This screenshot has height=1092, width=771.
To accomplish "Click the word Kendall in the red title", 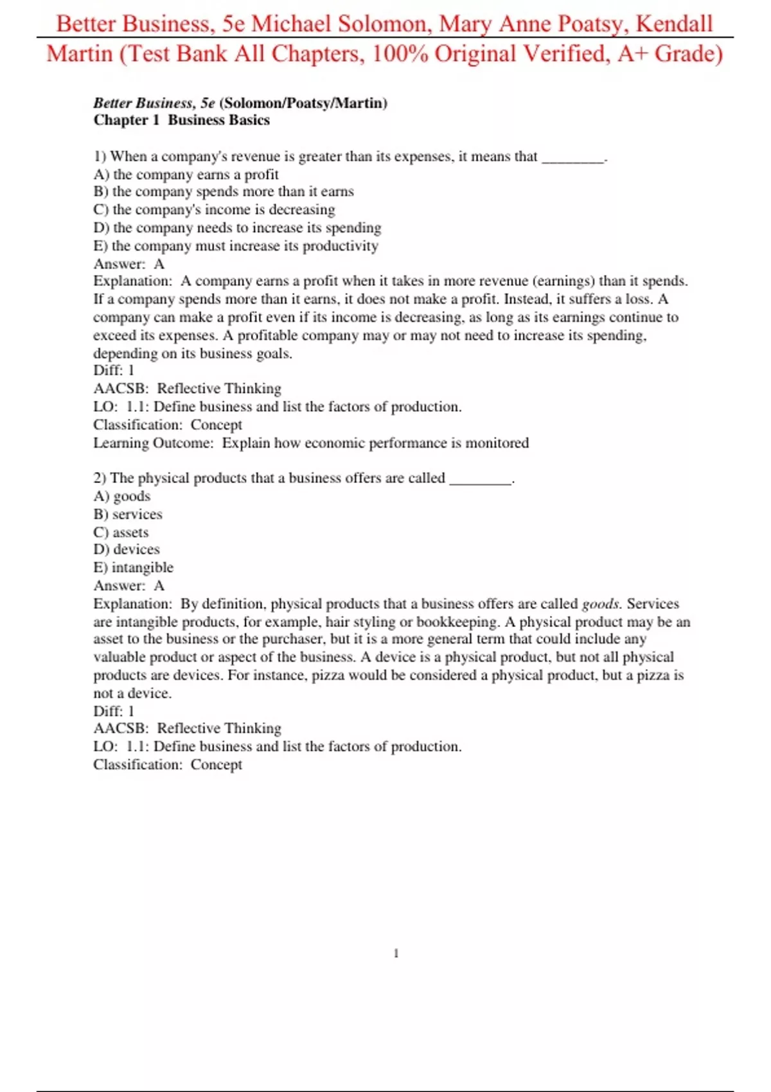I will tap(674, 24).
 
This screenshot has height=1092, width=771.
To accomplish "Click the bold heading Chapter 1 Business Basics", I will tap(181, 120).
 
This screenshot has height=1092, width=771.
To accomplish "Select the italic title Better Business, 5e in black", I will tap(154, 103).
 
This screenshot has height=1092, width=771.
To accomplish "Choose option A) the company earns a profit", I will tap(186, 174).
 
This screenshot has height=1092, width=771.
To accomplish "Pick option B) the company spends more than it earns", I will tap(224, 191).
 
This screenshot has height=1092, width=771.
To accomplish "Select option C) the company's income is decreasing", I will tap(214, 209).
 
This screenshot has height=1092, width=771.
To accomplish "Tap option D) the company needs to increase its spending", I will tap(237, 227).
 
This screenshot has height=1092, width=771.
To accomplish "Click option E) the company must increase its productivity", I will tap(236, 245).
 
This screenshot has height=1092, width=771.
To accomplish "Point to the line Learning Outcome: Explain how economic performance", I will tap(311, 443).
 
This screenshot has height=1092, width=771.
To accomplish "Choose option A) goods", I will tap(122, 496).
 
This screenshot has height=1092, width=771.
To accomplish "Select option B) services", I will tap(128, 514).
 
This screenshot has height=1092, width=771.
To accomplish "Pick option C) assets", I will tap(121, 532).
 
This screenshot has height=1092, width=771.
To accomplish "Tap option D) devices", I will tap(127, 549).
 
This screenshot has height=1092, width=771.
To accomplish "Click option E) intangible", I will tap(134, 567).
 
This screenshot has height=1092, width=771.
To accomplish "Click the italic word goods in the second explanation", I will tap(600, 604).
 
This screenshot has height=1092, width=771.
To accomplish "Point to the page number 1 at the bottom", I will tap(396, 953).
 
